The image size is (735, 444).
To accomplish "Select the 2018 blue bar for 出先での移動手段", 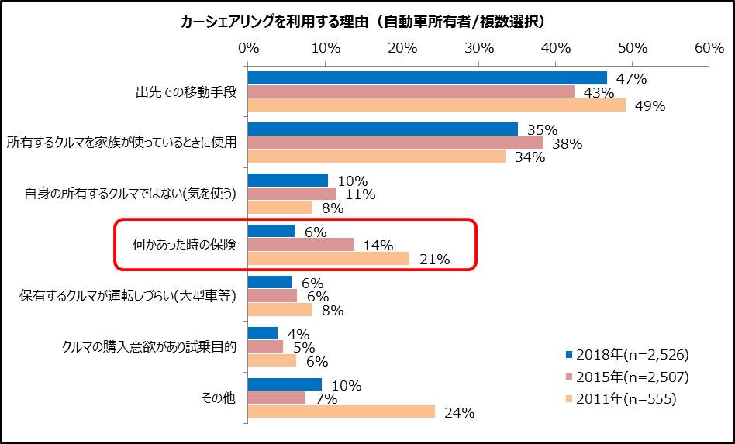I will tap(426, 78).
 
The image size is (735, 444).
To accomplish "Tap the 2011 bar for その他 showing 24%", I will tap(341, 411).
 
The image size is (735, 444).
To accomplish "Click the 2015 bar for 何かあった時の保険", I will tap(300, 245).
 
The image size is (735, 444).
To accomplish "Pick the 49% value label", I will tap(650, 106).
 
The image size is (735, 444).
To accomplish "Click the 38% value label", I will tap(567, 143).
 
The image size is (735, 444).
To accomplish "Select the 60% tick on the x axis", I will tap(709, 47).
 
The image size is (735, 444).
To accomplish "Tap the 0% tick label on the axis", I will tap(248, 47).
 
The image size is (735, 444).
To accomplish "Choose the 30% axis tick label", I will tap(479, 47).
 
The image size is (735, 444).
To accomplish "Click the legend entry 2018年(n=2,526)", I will tap(627, 354).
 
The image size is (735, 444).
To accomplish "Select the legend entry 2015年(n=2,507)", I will tap(627, 377).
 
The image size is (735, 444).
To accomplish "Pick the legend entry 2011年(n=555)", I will tap(620, 399).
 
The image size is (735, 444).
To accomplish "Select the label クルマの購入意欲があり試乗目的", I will tap(149, 346).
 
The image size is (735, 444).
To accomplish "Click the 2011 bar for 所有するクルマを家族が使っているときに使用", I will tap(376, 157).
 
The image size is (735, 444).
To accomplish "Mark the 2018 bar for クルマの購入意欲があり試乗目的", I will tap(262, 333).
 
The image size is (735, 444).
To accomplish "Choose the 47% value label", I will tap(631, 78).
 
